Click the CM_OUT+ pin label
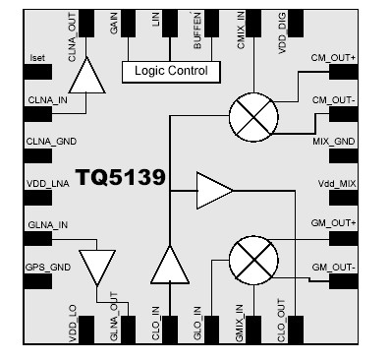click(x=333, y=58)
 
